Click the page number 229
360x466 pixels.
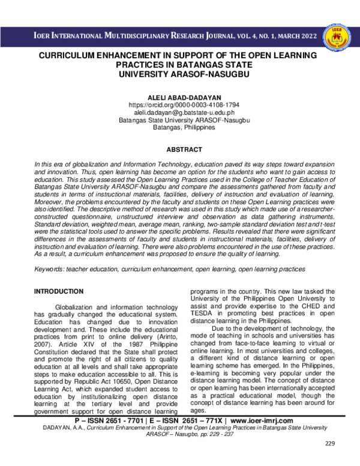coord(329,460)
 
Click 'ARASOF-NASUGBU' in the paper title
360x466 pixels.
coord(210,73)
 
